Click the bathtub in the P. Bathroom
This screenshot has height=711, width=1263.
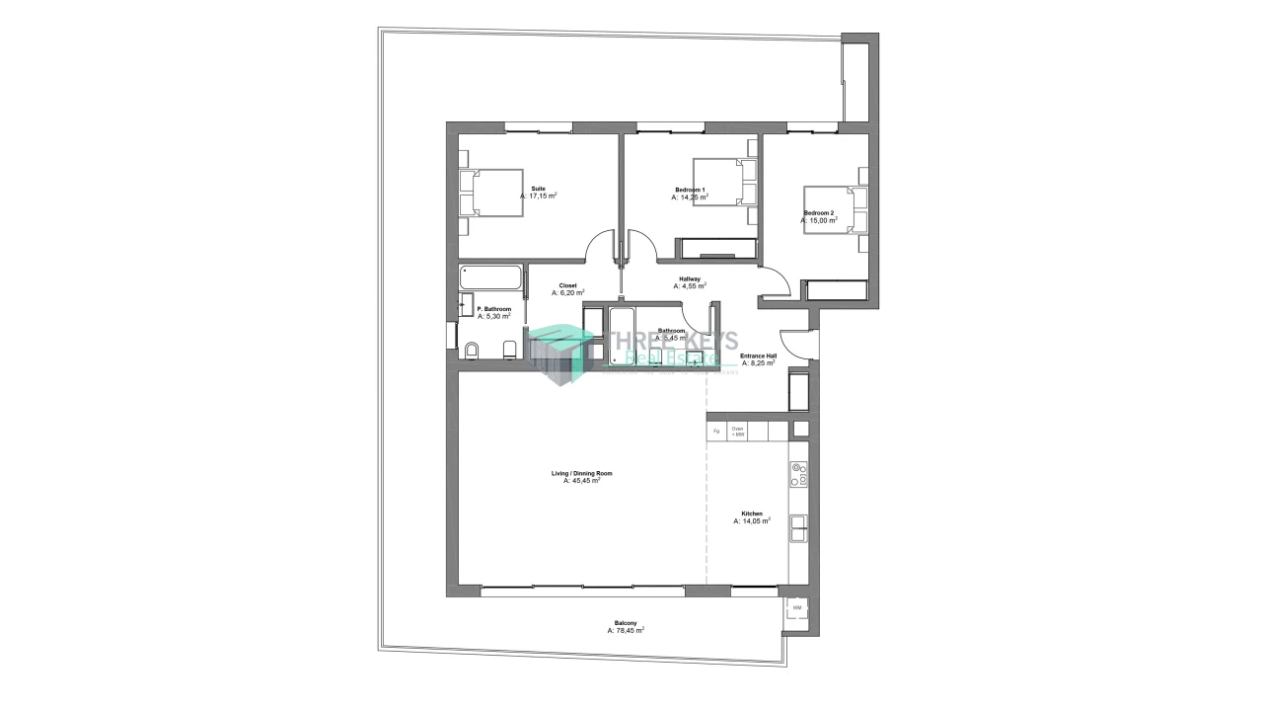pyautogui.click(x=490, y=276)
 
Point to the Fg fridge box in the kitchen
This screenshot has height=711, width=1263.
pyautogui.click(x=716, y=432)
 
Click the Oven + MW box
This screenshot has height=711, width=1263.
pyautogui.click(x=738, y=432)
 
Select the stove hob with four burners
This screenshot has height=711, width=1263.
pyautogui.click(x=798, y=475)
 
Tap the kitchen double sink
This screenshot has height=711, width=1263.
pyautogui.click(x=798, y=530)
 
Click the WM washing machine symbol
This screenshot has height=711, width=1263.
pyautogui.click(x=797, y=608)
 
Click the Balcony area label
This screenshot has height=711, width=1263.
pyautogui.click(x=626, y=623)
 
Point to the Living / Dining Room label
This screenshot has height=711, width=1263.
pyautogui.click(x=581, y=474)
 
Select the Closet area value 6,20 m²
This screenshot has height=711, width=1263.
pyautogui.click(x=568, y=293)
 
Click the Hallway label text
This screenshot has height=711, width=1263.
pyautogui.click(x=689, y=279)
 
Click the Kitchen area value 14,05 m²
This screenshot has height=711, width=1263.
pyautogui.click(x=752, y=521)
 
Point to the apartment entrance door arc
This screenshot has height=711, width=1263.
pyautogui.click(x=794, y=342)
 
